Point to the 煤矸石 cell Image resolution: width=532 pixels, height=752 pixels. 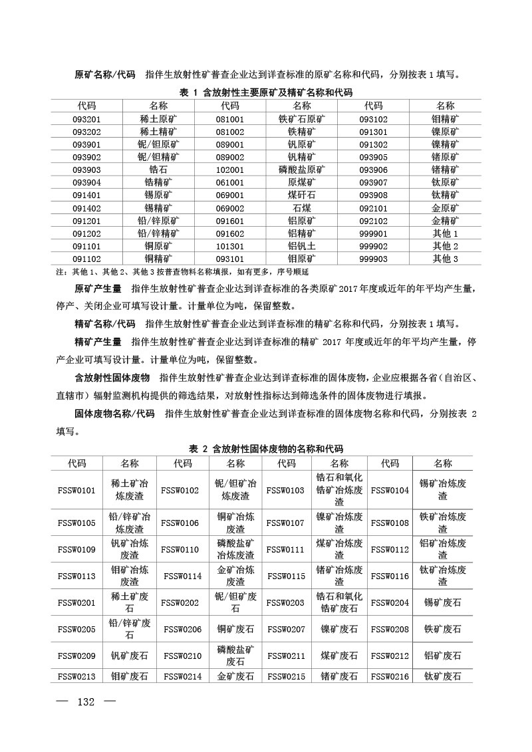pos(302,195)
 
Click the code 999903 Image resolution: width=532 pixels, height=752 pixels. pos(373,259)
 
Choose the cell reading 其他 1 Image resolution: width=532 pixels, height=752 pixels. pos(446,233)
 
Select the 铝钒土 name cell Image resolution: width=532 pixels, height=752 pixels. pos(302,246)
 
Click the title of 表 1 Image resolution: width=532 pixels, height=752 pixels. pos(266,92)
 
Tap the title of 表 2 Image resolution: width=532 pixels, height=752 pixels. pos(266,449)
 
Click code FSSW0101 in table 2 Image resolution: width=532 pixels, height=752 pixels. pos(77,490)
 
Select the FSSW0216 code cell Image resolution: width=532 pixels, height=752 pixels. pos(390,676)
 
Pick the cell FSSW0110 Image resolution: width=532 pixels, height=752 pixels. pos(180,549)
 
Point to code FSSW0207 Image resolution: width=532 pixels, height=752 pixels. pos(286,628)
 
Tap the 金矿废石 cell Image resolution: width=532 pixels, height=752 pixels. pos(235,676)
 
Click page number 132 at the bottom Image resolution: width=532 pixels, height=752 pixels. pos(88,703)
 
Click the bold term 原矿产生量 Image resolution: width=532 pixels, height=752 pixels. pos(98,289)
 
